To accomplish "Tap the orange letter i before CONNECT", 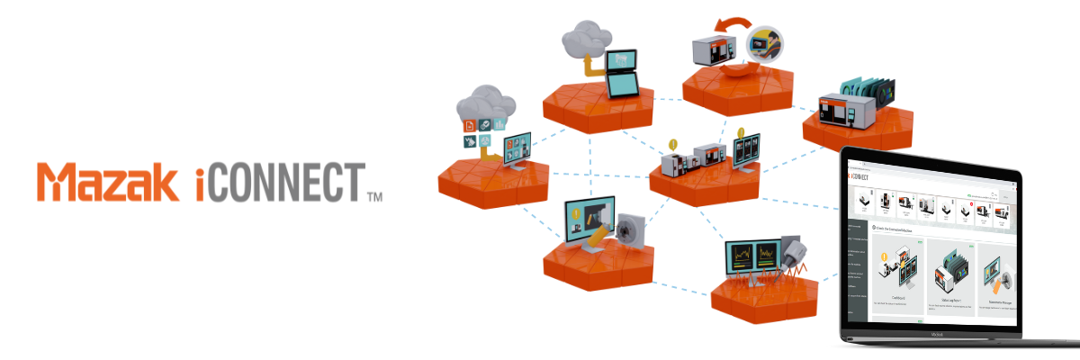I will pyautogui.click(x=200, y=183).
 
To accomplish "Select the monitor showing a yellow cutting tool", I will pyautogui.click(x=585, y=221).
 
